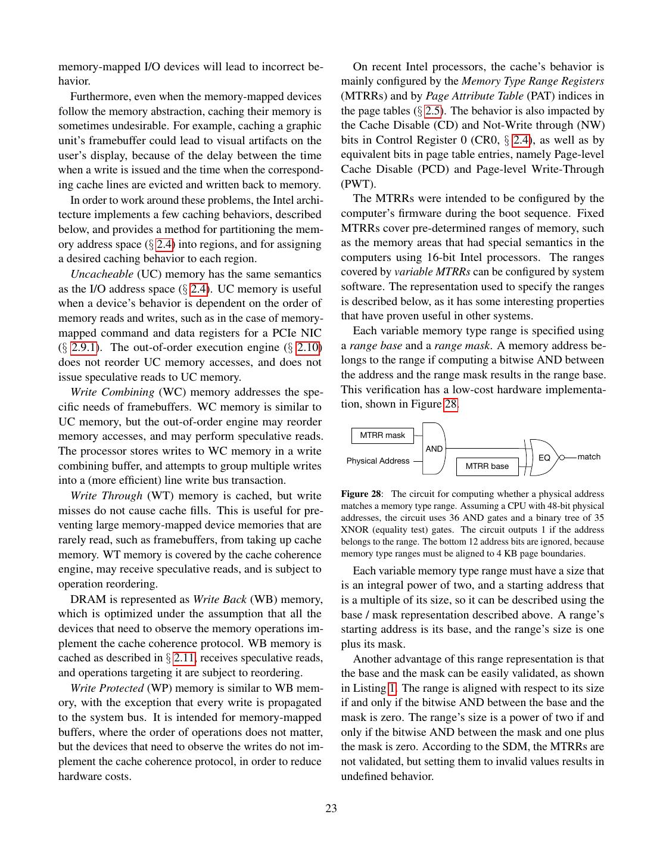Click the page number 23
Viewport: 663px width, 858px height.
tap(331, 809)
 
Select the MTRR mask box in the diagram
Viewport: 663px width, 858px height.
tap(382, 436)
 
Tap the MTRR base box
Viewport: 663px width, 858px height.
tap(487, 466)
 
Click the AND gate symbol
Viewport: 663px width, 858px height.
tap(434, 448)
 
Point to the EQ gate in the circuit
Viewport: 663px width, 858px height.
tap(544, 458)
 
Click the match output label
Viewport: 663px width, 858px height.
tap(589, 457)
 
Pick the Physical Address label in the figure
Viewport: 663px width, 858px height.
tap(378, 461)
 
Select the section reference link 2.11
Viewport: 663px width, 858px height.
tap(185, 658)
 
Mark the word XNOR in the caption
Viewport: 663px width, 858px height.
tap(354, 530)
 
